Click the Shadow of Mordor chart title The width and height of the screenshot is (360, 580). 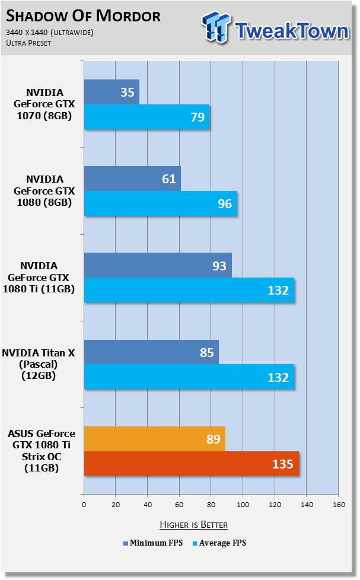tap(83, 16)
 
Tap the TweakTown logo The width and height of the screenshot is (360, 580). tap(275, 28)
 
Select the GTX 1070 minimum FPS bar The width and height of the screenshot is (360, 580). tap(111, 92)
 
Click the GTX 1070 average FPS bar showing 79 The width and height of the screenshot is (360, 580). tap(146, 117)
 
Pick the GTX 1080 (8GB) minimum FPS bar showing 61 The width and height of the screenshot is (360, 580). tap(132, 179)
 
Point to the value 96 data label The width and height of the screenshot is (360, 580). tap(225, 204)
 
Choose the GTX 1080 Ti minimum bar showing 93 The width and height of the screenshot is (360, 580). tap(158, 265)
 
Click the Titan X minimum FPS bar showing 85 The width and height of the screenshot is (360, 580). tap(151, 352)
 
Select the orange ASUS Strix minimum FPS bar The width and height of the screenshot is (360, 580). tap(155, 439)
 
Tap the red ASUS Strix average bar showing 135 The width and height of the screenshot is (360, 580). tap(192, 464)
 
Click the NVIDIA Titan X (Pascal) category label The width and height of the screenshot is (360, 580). tap(39, 364)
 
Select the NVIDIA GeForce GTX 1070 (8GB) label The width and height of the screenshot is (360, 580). tap(44, 104)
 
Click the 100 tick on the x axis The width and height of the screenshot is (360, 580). tap(243, 505)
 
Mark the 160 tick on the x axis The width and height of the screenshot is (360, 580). tap(339, 505)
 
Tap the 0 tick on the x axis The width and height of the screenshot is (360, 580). tap(84, 505)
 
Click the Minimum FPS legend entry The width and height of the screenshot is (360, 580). tap(153, 543)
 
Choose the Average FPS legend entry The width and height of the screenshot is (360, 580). tap(219, 543)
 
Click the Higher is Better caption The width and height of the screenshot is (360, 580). tap(193, 524)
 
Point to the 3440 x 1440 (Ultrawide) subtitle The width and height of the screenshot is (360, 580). tap(50, 33)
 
